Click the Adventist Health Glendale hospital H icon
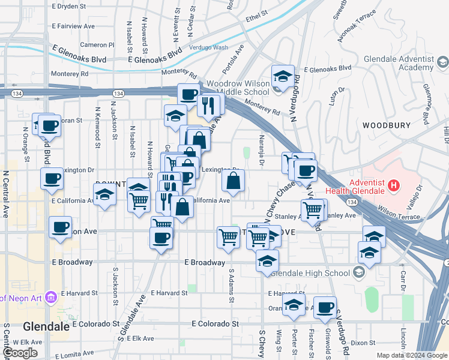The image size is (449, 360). pyautogui.click(x=393, y=185)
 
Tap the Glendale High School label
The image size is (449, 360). pyautogui.click(x=310, y=273)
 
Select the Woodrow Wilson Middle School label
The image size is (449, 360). pyautogui.click(x=237, y=88)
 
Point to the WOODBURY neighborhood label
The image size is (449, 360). pyautogui.click(x=386, y=125)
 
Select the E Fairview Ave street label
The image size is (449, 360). pyautogui.click(x=73, y=26)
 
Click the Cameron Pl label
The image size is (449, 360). pyautogui.click(x=97, y=45)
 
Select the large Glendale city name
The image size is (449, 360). pyautogui.click(x=43, y=327)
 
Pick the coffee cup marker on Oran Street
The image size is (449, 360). pyautogui.click(x=325, y=308)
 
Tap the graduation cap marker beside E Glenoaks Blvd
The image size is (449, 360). pyautogui.click(x=282, y=76)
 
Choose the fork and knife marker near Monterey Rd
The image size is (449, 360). pyautogui.click(x=208, y=106)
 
